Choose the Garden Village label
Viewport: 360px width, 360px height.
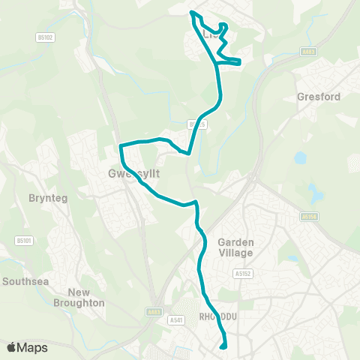coord(235,247)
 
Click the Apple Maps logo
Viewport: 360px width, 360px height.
coord(28,347)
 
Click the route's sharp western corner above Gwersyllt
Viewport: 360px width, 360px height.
coord(120,145)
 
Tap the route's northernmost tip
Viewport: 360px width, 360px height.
coord(192,12)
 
